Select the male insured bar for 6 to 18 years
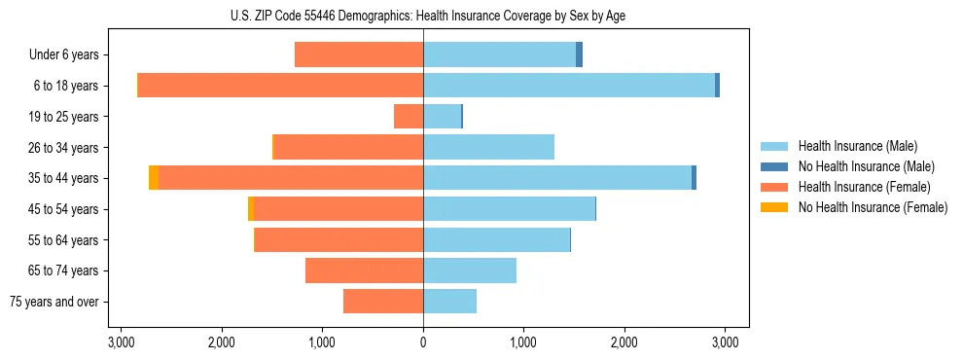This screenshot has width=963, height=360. [x=569, y=86]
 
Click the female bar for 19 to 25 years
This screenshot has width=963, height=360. [x=409, y=117]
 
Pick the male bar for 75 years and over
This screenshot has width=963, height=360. [x=449, y=302]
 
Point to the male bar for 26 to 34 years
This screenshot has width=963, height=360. [x=488, y=147]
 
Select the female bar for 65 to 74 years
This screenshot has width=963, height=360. [x=364, y=270]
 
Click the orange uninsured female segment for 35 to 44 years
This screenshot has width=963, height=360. [x=154, y=178]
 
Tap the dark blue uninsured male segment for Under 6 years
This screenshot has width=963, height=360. [x=579, y=54]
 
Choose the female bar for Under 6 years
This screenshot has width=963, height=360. [x=358, y=54]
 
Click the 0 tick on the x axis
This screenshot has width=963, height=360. [x=423, y=342]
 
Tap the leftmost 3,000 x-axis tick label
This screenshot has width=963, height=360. [x=122, y=342]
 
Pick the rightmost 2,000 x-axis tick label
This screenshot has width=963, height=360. [x=624, y=342]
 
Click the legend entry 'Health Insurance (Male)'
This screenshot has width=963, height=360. [x=857, y=146]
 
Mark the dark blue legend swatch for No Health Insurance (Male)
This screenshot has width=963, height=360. [x=774, y=166]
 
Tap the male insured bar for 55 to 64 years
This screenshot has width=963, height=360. [x=496, y=239]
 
